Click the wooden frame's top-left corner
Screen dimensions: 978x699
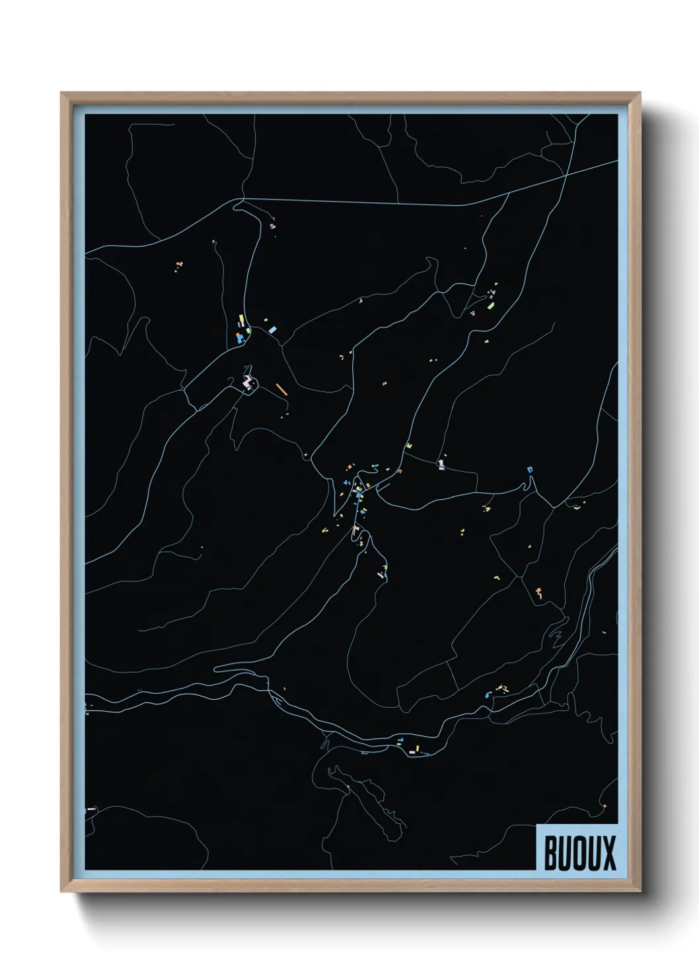[61, 93]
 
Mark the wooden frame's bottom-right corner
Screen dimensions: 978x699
[641, 892]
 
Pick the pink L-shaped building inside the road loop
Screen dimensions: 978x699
[247, 381]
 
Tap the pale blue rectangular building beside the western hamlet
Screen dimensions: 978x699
[272, 328]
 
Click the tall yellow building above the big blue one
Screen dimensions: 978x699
[240, 322]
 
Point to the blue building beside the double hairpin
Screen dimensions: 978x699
[529, 469]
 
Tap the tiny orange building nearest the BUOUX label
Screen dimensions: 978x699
[604, 808]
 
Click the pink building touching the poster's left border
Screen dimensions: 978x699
[91, 808]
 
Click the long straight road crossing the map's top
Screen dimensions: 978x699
[396, 202]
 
